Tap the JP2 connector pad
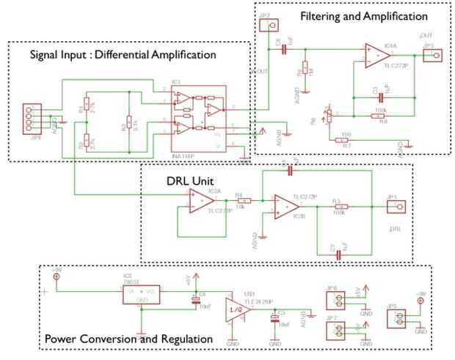(272, 27)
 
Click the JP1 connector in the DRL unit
(392, 207)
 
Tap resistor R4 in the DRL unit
(244, 200)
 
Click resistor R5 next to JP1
(338, 207)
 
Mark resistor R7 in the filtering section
(341, 139)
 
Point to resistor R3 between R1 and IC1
(129, 122)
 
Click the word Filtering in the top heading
(327, 15)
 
